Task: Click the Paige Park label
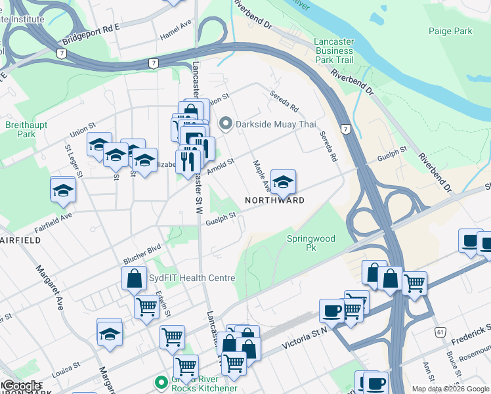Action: point(450,31)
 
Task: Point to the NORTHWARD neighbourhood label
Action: point(274,200)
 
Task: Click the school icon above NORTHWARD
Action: point(283,182)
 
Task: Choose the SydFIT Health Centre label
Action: point(192,278)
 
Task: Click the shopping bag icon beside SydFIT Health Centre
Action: point(134,278)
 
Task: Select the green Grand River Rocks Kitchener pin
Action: point(159,382)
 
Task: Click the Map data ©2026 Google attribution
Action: point(450,389)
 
